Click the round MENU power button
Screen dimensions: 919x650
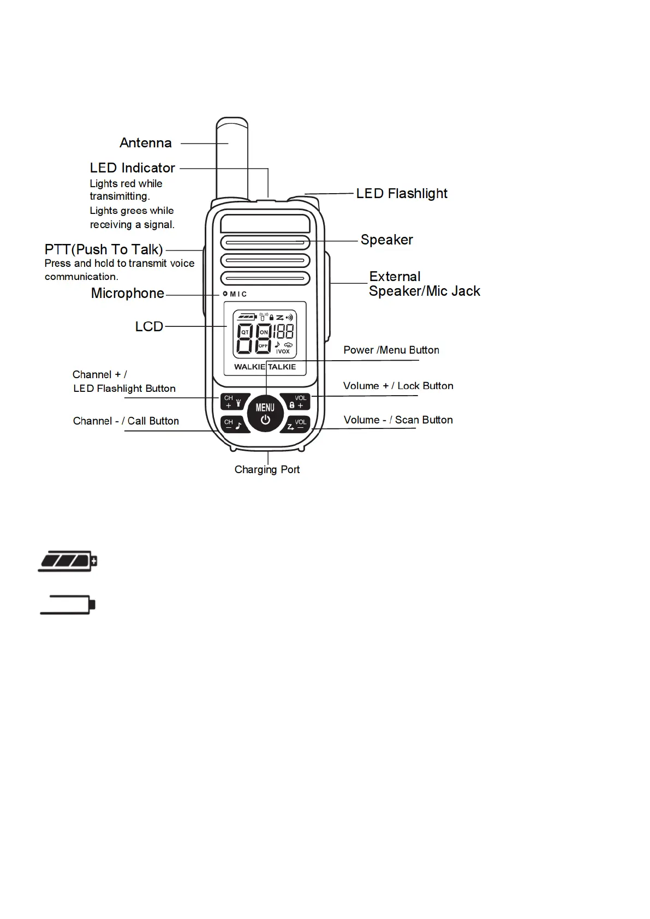pyautogui.click(x=265, y=413)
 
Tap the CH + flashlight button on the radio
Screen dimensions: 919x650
pyautogui.click(x=234, y=402)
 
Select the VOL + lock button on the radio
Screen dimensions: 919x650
pyautogui.click(x=296, y=402)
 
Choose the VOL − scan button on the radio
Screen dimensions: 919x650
pyautogui.click(x=296, y=424)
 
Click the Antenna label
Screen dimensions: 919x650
pyautogui.click(x=146, y=143)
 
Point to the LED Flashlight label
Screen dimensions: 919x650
pyautogui.click(x=401, y=194)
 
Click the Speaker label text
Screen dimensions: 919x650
pyautogui.click(x=386, y=240)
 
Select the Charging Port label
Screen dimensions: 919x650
pyautogui.click(x=267, y=470)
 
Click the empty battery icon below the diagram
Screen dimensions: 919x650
pyautogui.click(x=68, y=605)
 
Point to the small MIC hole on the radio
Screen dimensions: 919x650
pyautogui.click(x=225, y=294)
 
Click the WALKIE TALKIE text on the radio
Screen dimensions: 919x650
pyautogui.click(x=265, y=367)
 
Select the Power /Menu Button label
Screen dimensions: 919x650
pyautogui.click(x=391, y=350)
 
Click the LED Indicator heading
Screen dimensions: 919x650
pyautogui.click(x=133, y=168)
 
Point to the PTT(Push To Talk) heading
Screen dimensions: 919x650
pyautogui.click(x=104, y=249)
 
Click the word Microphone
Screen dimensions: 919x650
pyautogui.click(x=128, y=294)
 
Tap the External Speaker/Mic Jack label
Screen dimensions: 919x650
pyautogui.click(x=424, y=284)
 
